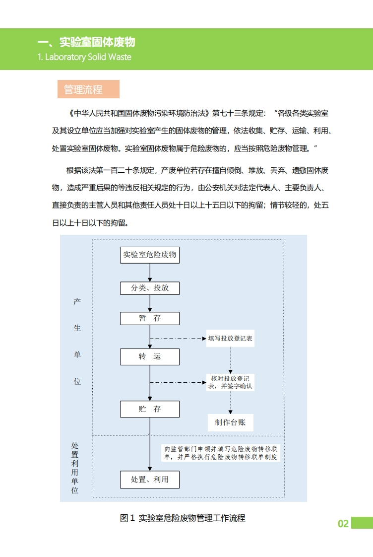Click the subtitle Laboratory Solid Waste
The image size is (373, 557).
pyautogui.click(x=84, y=57)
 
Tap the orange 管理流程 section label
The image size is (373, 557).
pyautogui.click(x=83, y=89)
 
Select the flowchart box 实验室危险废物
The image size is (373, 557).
pyautogui.click(x=150, y=255)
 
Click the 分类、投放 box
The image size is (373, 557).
pyautogui.click(x=150, y=288)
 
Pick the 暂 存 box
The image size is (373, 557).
pyautogui.click(x=150, y=318)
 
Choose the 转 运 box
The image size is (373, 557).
pyautogui.click(x=150, y=356)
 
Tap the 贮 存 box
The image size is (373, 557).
pyautogui.click(x=150, y=409)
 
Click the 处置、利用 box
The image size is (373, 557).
pyautogui.click(x=150, y=480)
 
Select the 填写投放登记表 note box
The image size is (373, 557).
pyautogui.click(x=230, y=339)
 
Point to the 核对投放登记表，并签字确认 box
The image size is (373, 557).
pyautogui.click(x=230, y=382)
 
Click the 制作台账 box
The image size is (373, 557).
pyautogui.click(x=230, y=422)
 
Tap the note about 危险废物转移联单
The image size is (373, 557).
pyautogui.click(x=221, y=453)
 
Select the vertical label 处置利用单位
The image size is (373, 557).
pyautogui.click(x=75, y=468)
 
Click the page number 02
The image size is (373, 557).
pyautogui.click(x=343, y=524)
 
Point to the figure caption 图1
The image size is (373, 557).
pyautogui.click(x=183, y=518)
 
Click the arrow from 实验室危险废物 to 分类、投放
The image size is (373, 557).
pyautogui.click(x=150, y=273)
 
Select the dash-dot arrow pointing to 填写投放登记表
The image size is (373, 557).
pyautogui.click(x=179, y=339)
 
